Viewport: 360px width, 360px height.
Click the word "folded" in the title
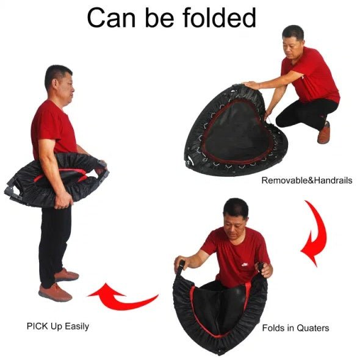(219, 18)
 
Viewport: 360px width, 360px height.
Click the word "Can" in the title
(111, 18)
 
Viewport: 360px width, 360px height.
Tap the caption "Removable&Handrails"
(307, 180)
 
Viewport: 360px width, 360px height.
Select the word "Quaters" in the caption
(312, 328)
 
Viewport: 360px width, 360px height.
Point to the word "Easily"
(77, 326)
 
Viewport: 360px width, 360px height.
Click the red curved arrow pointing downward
(314, 233)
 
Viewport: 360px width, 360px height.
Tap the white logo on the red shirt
(245, 264)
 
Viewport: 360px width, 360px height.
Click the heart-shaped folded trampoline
(234, 131)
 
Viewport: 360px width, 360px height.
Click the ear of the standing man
(55, 84)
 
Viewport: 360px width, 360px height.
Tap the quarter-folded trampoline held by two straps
(220, 308)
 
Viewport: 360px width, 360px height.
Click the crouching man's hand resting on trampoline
(251, 85)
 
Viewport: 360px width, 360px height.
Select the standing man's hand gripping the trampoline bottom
(63, 200)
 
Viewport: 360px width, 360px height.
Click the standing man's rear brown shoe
(67, 275)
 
